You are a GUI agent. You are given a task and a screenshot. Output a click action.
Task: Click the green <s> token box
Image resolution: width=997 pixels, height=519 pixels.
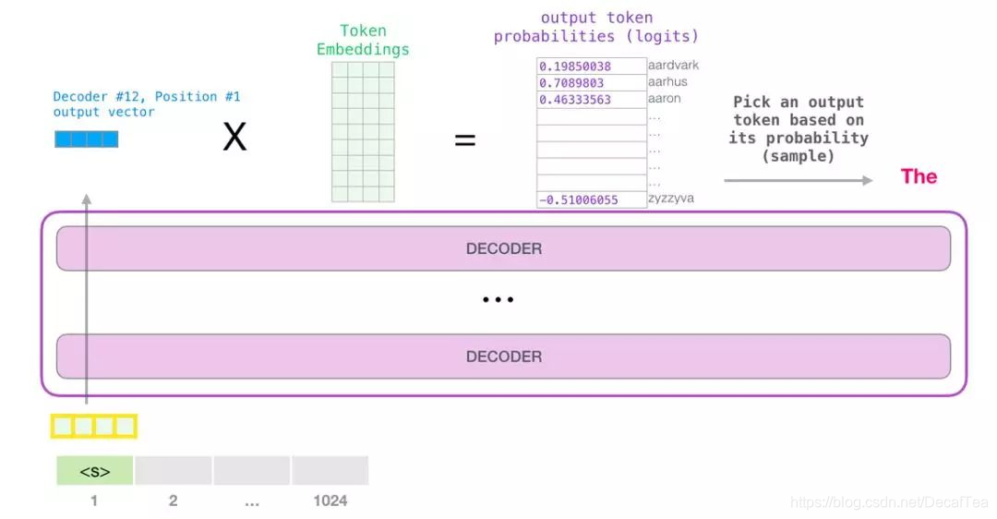tap(95, 471)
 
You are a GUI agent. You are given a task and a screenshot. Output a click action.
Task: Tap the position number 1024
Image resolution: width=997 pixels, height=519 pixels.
tap(330, 501)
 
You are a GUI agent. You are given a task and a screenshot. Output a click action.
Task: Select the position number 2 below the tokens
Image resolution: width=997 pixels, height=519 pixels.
tap(173, 501)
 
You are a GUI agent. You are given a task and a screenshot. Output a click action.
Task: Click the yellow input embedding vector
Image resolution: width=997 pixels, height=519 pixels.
tap(93, 426)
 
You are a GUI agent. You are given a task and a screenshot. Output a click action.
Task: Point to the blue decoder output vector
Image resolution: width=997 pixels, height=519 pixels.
tap(87, 139)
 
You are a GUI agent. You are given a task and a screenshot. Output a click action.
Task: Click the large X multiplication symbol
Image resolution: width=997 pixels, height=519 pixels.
tap(235, 139)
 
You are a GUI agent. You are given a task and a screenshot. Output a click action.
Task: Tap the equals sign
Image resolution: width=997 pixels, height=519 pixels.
tap(465, 140)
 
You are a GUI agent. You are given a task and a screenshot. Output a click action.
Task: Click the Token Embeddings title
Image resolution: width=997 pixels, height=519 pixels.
tap(363, 40)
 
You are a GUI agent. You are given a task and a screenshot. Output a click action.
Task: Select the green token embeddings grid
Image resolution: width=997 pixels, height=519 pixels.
tap(363, 131)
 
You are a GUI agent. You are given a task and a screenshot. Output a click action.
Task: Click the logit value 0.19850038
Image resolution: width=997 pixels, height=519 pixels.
tap(576, 66)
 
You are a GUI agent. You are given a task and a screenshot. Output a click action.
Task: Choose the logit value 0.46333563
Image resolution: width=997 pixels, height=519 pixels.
tap(576, 100)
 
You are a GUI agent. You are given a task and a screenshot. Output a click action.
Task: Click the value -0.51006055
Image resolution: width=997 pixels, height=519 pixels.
tap(579, 199)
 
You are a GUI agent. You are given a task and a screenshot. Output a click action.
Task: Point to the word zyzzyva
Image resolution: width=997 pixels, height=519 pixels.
tap(671, 199)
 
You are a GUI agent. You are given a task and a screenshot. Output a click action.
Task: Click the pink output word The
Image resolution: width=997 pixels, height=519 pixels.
tap(919, 176)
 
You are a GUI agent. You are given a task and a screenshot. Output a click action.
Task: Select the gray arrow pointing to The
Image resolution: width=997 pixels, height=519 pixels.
tap(798, 180)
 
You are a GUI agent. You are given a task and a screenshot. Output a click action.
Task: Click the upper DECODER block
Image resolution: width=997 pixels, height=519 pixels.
tap(503, 248)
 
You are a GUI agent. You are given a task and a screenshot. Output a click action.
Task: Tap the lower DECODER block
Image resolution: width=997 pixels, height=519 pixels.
tap(503, 356)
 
